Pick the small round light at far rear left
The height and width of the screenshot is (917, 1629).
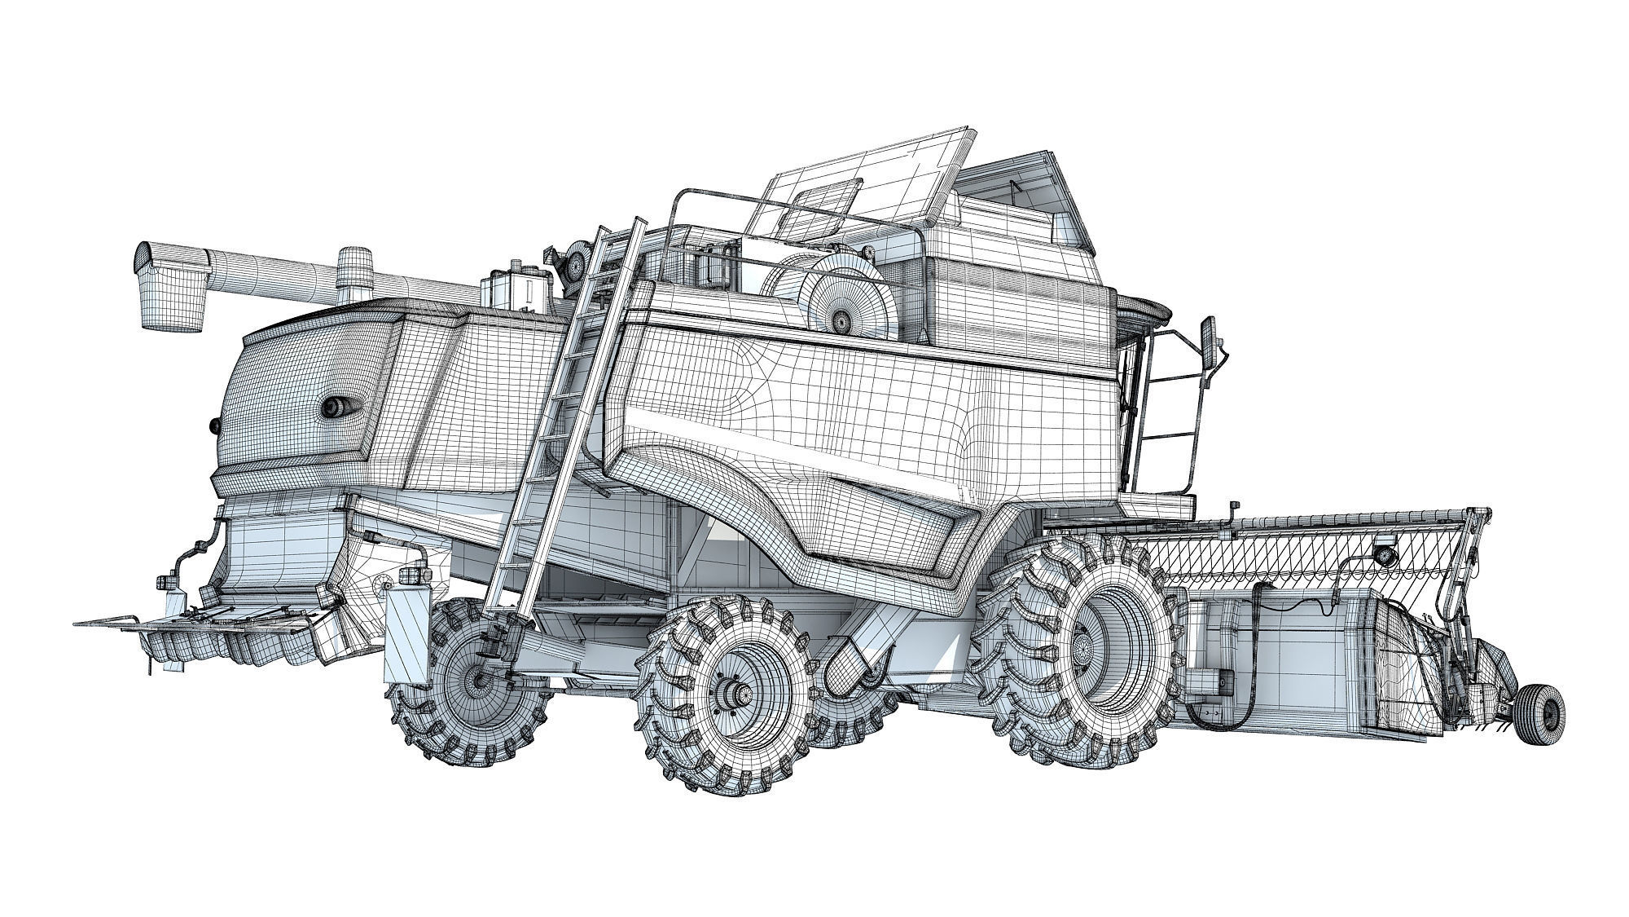(x=215, y=425)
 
